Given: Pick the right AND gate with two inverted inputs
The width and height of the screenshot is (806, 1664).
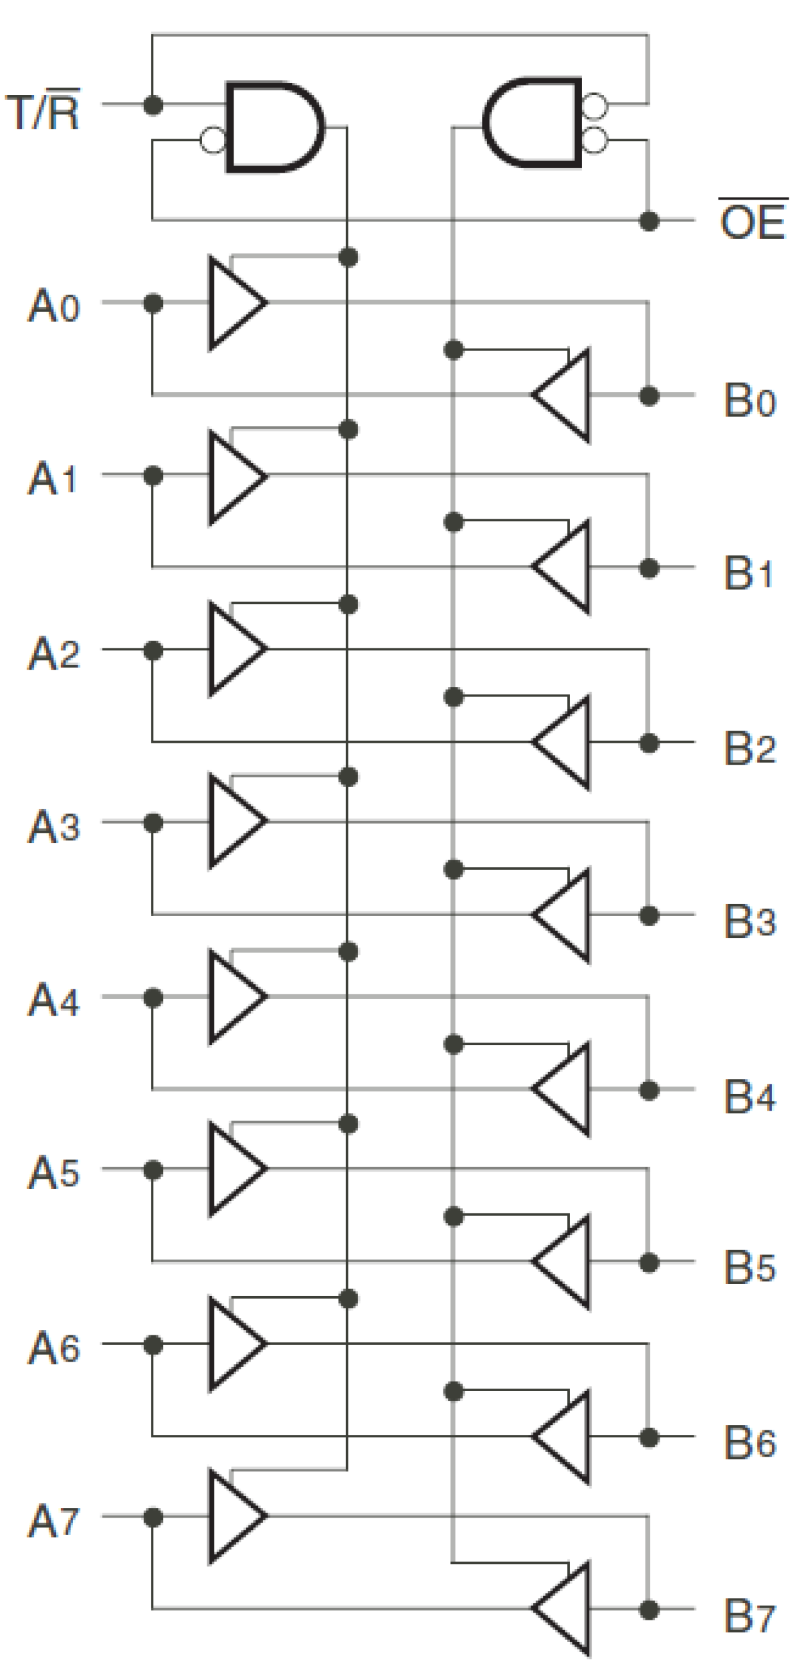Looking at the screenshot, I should pyautogui.click(x=533, y=123).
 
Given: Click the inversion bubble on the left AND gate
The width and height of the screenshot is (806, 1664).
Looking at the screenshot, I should pyautogui.click(x=212, y=139).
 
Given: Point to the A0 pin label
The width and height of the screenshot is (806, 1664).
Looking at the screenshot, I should pyautogui.click(x=54, y=306).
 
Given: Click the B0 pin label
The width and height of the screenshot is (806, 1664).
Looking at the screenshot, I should pyautogui.click(x=749, y=401).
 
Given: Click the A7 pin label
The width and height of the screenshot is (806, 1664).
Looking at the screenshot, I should pyautogui.click(x=54, y=1521).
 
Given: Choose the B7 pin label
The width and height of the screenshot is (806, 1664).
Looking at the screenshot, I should pyautogui.click(x=749, y=1615).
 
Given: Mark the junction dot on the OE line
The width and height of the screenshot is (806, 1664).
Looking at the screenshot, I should pyautogui.click(x=649, y=221).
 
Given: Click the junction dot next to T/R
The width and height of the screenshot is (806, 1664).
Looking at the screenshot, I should pyautogui.click(x=153, y=104).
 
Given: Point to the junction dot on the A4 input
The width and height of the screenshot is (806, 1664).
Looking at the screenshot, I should pyautogui.click(x=153, y=998).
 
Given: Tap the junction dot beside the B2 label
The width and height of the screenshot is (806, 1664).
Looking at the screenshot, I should pyautogui.click(x=649, y=743).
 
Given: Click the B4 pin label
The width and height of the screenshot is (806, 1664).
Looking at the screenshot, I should pyautogui.click(x=749, y=1096).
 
